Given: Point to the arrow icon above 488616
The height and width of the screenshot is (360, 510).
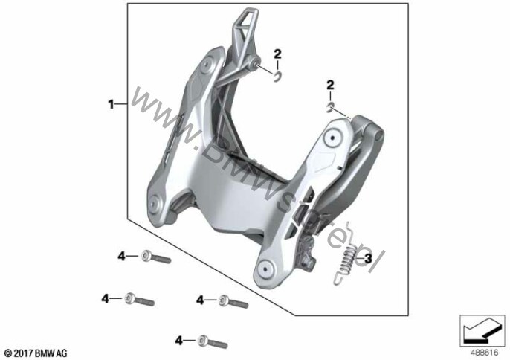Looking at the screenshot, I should (x=482, y=327).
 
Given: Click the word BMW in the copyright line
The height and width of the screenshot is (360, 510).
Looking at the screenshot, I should (x=45, y=353).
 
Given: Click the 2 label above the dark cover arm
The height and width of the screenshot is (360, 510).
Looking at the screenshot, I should (x=329, y=88).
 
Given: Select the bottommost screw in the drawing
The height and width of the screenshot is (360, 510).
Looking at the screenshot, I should (x=216, y=342).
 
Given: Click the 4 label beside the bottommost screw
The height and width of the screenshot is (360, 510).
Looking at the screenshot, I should (x=179, y=340).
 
